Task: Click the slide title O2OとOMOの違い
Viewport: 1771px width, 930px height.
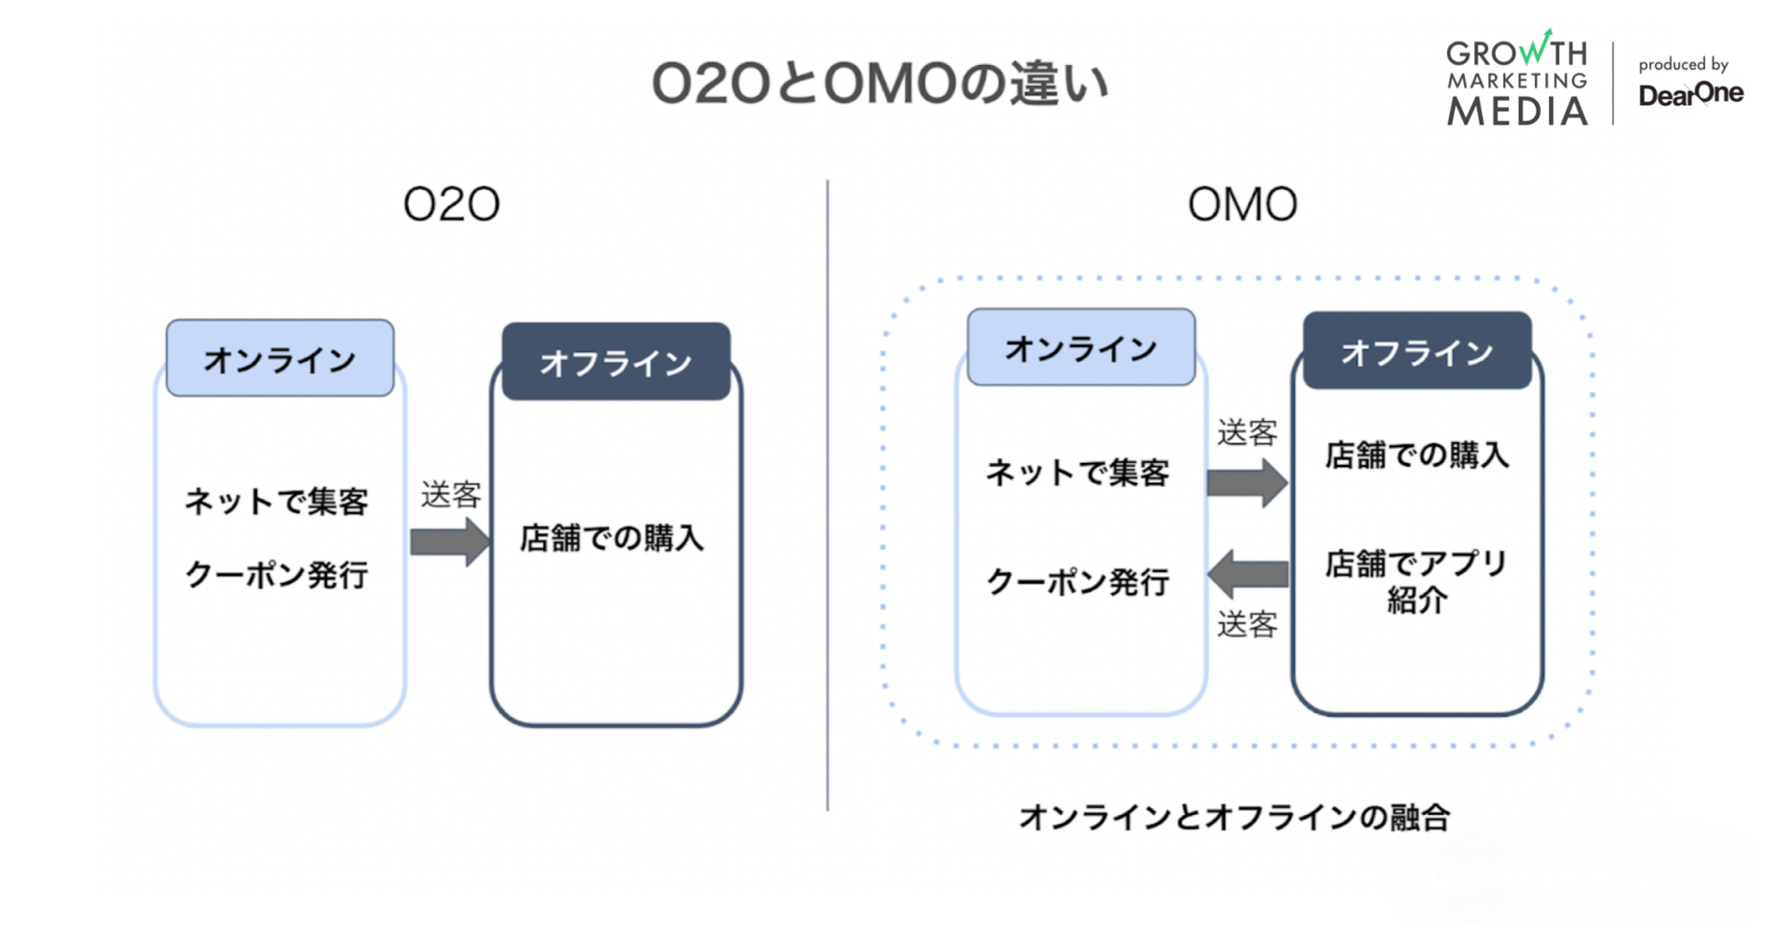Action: pos(879,84)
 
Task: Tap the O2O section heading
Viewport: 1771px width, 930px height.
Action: pos(451,205)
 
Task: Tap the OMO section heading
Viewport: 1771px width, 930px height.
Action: pos(1242,205)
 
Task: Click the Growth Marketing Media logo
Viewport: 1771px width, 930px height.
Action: pos(1517,80)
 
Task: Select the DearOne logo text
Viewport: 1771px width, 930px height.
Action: pos(1691,93)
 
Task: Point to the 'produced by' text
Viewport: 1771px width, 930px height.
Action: pos(1683,64)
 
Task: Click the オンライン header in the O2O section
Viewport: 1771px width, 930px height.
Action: pos(279,359)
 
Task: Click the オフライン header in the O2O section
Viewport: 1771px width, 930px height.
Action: pos(616,362)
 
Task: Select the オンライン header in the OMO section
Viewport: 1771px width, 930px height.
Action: pos(1081,348)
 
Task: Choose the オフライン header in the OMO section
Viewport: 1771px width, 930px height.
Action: pos(1416,351)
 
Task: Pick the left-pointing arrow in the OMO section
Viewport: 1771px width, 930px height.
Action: pos(1247,574)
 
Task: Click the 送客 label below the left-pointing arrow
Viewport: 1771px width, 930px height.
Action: pos(1247,624)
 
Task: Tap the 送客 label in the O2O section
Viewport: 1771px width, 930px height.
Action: pos(451,495)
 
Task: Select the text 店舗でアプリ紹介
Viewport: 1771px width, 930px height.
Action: pos(1416,580)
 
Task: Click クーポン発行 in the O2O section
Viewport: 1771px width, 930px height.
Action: pos(277,574)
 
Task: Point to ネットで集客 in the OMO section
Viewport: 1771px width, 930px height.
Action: pos(1077,472)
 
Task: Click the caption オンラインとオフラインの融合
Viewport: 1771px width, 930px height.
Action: pos(1234,816)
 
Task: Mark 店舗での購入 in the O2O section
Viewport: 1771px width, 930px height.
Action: pos(611,538)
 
